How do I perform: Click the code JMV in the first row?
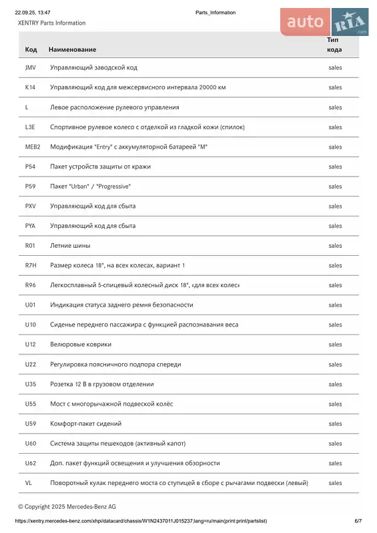[x=30, y=68]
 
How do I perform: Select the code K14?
[x=30, y=87]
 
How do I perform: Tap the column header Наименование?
[x=72, y=50]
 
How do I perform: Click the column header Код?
[x=31, y=50]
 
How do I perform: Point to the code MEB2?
[x=33, y=147]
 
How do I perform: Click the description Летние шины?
[x=70, y=246]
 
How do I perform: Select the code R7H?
[x=31, y=265]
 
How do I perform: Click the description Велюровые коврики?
[x=81, y=344]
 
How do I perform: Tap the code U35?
[x=31, y=384]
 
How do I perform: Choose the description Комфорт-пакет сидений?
[x=85, y=424]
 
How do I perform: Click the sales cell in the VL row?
[x=335, y=483]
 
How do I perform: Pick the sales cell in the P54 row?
[x=335, y=167]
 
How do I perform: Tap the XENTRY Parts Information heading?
[x=51, y=23]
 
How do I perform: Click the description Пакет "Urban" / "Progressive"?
[x=90, y=187]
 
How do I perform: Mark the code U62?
[x=31, y=463]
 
